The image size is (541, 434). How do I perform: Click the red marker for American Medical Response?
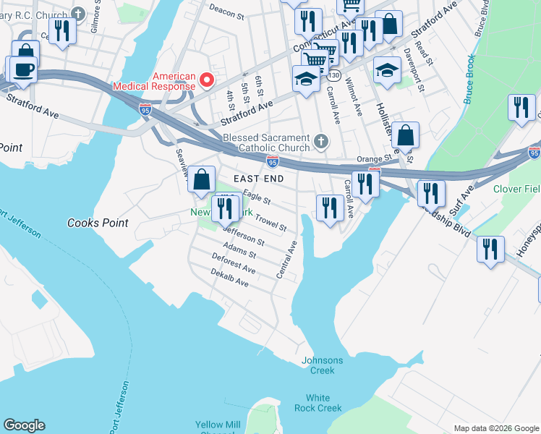point(206,80)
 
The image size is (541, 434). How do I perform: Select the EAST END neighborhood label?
point(258,178)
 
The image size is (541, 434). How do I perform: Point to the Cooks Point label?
point(98,223)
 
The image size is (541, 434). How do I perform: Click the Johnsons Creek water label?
point(323,365)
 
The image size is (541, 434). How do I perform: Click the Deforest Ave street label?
point(234,264)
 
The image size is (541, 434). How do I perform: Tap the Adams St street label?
point(239,250)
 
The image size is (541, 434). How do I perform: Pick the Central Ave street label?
point(286,260)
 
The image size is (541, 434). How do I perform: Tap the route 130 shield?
point(333,75)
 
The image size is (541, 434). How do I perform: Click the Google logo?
point(24,425)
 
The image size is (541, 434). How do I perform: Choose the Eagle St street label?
point(257,197)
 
